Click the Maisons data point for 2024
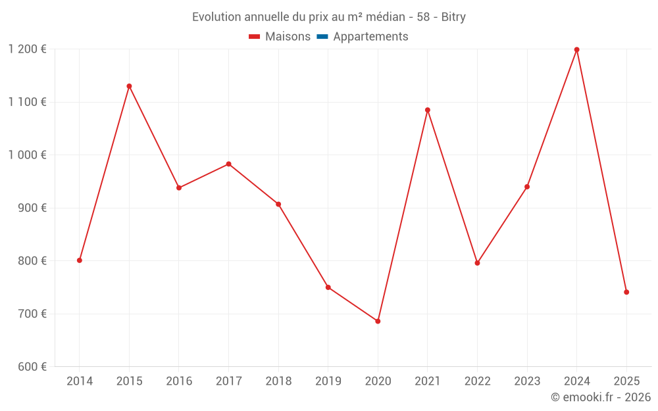tap(576, 50)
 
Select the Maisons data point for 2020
tap(378, 322)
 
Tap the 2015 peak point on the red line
tap(129, 86)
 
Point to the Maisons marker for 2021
tap(427, 110)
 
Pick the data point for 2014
tap(80, 260)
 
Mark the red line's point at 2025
tap(626, 292)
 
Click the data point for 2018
tap(278, 204)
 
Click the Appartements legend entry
tap(370, 37)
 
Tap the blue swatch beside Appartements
tap(322, 37)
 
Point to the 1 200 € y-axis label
tap(27, 49)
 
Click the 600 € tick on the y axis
tap(31, 367)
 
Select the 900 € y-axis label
tap(31, 208)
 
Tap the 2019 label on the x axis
tap(328, 381)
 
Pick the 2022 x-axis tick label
tap(477, 381)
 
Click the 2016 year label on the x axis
tap(179, 381)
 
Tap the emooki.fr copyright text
tap(601, 397)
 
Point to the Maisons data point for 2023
tap(527, 187)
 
